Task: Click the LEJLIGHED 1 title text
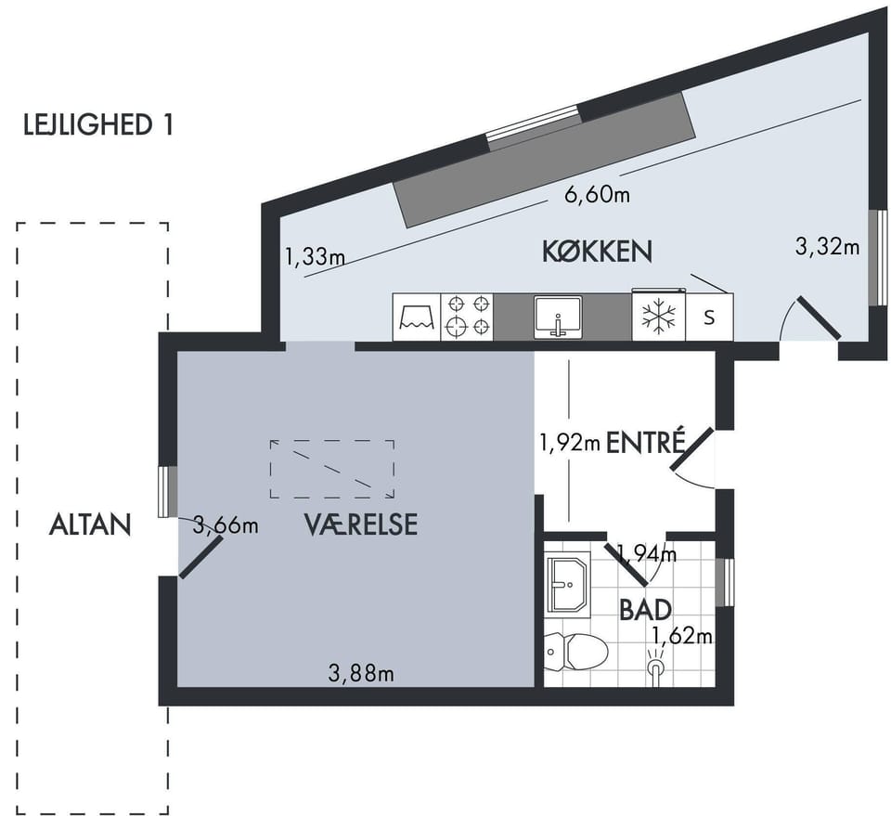[x=97, y=125]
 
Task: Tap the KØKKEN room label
[x=597, y=252]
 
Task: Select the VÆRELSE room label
[x=361, y=525]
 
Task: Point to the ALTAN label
[x=90, y=525]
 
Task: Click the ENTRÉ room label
[x=647, y=442]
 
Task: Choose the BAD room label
[x=646, y=609]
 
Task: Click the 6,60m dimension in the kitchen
[x=597, y=195]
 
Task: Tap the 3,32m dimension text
[x=827, y=247]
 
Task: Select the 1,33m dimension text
[x=315, y=257]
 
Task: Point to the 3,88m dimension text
[x=361, y=674]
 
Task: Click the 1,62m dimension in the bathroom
[x=682, y=635]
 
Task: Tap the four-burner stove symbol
[x=467, y=317]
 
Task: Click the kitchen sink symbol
[x=558, y=317]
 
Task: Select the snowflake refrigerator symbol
[x=659, y=316]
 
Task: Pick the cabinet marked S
[x=709, y=317]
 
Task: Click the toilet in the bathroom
[x=575, y=652]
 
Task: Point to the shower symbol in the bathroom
[x=656, y=667]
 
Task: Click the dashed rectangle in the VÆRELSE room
[x=332, y=469]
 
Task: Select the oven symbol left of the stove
[x=417, y=317]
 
